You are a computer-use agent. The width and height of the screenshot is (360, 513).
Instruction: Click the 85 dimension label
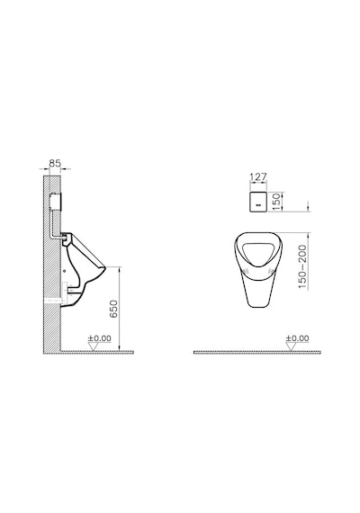tap(55, 163)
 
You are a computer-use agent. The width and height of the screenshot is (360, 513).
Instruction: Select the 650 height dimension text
tap(113, 309)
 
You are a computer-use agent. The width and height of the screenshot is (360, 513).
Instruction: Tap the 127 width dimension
tap(258, 177)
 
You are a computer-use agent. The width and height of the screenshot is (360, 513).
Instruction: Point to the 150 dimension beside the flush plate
tap(276, 202)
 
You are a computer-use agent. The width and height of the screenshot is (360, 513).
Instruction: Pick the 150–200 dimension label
tap(302, 267)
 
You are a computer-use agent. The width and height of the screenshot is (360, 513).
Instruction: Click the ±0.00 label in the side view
tap(100, 338)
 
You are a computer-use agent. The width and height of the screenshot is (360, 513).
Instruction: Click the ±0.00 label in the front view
tap(297, 338)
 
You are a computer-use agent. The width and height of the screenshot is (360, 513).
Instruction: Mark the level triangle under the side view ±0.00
tap(94, 347)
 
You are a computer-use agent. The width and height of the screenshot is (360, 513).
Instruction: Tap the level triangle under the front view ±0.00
tap(291, 347)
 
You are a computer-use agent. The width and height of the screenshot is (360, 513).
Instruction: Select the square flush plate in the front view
tap(258, 202)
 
